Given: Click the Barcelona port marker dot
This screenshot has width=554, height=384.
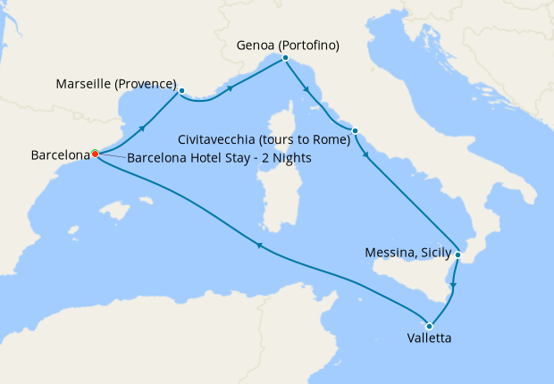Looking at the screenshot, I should (95, 154).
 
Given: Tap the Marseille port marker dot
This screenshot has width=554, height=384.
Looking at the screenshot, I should (181, 90).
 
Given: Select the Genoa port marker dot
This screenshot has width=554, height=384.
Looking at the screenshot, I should (285, 58).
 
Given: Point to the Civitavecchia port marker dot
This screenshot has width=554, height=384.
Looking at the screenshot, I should (355, 131).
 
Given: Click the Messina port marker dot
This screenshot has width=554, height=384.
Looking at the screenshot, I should (457, 255).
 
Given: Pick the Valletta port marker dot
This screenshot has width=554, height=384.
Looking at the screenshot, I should (430, 326).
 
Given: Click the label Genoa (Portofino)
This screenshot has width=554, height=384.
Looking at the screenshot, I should (288, 44).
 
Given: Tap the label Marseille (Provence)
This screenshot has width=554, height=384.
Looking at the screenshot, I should (116, 85).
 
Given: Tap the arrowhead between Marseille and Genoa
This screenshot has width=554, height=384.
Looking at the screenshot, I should (231, 88).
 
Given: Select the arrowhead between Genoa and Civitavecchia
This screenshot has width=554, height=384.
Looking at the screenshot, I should (306, 89).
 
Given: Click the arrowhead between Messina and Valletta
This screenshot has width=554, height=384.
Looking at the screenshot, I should (455, 286).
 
